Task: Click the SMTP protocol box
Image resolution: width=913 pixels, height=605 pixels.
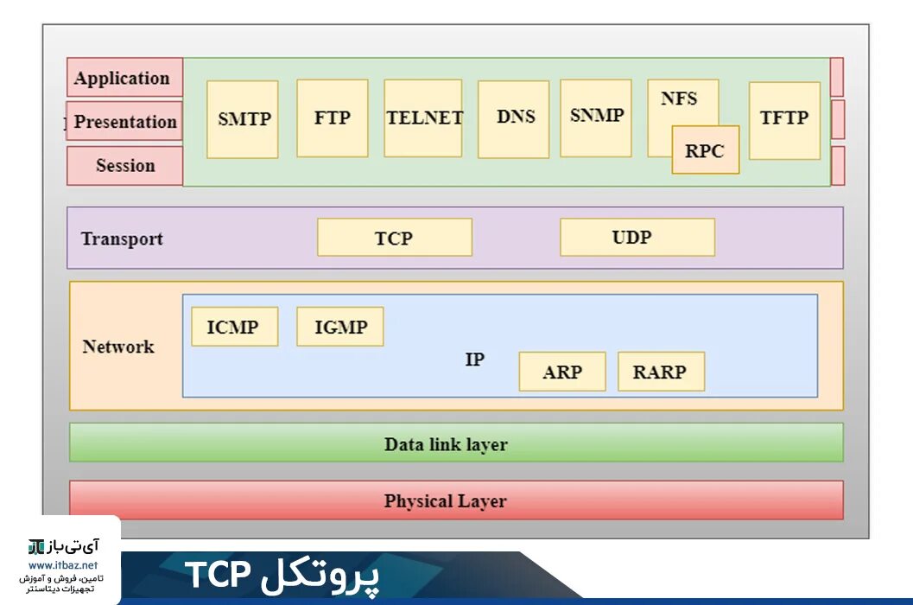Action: [243, 119]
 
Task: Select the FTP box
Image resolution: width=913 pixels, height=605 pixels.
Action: [333, 118]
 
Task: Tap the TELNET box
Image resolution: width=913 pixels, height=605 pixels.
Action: [423, 118]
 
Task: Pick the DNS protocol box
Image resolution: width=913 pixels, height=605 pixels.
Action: [514, 118]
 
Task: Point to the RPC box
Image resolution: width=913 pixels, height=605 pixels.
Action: [706, 150]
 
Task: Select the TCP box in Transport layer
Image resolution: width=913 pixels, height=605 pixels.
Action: [395, 238]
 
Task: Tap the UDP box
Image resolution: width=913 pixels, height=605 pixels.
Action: [637, 237]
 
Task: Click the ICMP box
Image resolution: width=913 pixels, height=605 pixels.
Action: [234, 327]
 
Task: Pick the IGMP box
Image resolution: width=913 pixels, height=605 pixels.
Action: [340, 327]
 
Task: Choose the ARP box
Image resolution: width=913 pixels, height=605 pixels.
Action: [562, 372]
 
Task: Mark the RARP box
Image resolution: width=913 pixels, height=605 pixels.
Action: [661, 372]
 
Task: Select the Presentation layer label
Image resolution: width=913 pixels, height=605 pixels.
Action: [125, 122]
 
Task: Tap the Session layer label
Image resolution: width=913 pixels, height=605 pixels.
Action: [125, 165]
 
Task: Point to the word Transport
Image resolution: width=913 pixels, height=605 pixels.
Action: [122, 239]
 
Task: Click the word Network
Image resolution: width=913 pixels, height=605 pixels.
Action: [118, 347]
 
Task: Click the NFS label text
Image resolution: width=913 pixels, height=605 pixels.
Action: [679, 98]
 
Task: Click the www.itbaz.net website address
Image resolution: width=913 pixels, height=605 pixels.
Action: [63, 565]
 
